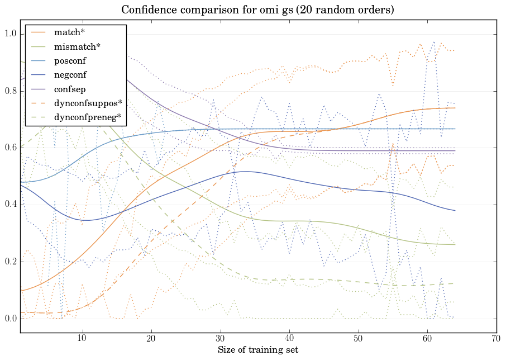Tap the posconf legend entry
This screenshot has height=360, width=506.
(70, 61)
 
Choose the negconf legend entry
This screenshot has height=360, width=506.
(70, 75)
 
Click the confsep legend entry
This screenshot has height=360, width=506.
(70, 89)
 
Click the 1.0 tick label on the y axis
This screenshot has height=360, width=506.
(10, 34)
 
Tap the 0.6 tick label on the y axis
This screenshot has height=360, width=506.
(10, 148)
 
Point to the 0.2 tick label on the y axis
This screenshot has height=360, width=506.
(10, 262)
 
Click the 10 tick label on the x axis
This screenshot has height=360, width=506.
(82, 339)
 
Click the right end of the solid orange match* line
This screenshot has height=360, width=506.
(455, 108)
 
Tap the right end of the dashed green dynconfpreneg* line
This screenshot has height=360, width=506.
(455, 283)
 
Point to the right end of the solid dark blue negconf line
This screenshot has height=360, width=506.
(455, 210)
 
